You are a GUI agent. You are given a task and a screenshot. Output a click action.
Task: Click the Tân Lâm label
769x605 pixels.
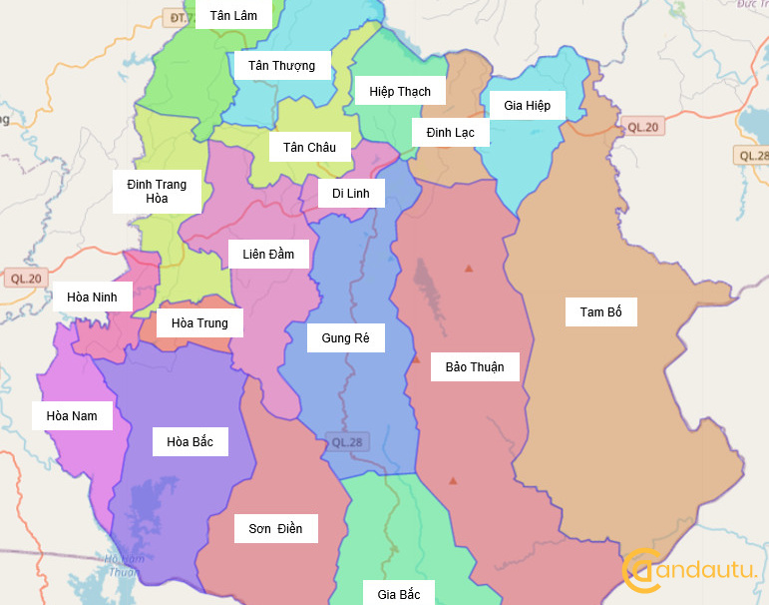(233, 15)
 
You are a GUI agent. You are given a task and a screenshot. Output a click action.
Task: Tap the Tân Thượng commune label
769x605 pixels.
(281, 66)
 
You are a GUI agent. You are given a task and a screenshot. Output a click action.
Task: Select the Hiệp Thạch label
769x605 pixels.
(400, 92)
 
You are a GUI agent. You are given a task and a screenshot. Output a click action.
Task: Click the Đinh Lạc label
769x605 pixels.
(450, 132)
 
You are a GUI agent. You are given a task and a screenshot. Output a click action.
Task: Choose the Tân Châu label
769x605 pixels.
(309, 148)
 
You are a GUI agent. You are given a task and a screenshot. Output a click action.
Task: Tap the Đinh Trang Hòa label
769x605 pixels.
(157, 192)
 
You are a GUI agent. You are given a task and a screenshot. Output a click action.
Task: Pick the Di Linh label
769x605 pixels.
(351, 193)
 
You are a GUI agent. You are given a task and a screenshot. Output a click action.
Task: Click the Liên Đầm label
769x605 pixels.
(268, 254)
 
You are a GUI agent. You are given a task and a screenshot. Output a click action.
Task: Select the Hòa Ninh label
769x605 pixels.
(92, 297)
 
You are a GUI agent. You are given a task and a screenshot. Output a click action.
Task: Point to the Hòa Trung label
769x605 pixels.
(199, 322)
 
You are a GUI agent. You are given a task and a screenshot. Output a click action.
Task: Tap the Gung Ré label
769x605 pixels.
(345, 338)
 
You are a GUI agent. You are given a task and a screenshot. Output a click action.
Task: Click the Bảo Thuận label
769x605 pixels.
(475, 366)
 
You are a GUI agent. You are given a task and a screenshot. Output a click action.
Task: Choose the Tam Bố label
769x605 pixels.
(600, 312)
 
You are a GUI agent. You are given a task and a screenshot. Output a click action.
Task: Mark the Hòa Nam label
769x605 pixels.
(72, 415)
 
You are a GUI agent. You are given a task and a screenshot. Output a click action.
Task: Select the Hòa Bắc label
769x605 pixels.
(190, 441)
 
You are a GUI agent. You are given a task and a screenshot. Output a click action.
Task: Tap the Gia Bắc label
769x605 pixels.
(398, 595)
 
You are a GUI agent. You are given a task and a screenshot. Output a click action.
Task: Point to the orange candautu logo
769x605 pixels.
(688, 568)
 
